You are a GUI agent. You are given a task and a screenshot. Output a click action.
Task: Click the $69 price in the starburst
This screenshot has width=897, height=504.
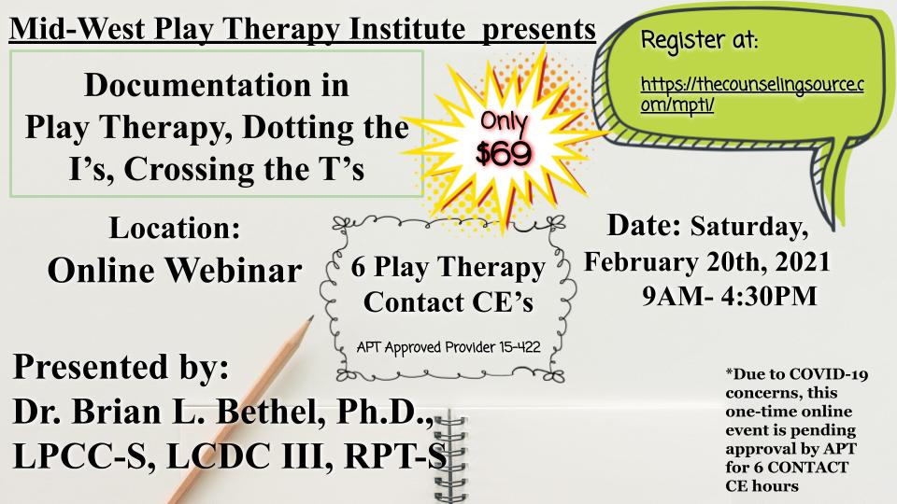tap(504, 152)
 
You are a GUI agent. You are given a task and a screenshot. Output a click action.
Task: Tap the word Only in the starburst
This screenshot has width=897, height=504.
tap(504, 121)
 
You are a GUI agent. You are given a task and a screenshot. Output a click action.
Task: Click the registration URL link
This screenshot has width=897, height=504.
tap(751, 94)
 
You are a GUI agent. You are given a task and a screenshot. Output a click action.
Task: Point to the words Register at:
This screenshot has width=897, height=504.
tap(699, 40)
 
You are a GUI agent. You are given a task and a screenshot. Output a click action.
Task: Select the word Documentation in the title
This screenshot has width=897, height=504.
tap(216, 85)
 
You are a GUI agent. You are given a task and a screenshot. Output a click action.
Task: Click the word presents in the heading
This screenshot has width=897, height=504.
tap(538, 30)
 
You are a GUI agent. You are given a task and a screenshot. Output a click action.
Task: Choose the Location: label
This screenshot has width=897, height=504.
tap(175, 228)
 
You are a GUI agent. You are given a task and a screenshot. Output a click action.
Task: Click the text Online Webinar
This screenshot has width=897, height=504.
tap(175, 271)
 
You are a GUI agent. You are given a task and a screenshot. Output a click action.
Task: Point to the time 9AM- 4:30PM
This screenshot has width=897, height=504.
tap(730, 296)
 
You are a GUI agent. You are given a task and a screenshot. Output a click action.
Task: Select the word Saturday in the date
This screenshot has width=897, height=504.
tap(748, 227)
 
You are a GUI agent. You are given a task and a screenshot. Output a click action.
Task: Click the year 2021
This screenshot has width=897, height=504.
tap(804, 261)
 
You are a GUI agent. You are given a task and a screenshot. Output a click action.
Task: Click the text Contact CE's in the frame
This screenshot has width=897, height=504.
tap(448, 302)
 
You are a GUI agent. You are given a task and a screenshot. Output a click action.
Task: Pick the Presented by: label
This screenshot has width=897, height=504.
tap(121, 368)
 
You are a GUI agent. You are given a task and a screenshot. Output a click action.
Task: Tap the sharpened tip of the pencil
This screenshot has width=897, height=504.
tap(311, 317)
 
